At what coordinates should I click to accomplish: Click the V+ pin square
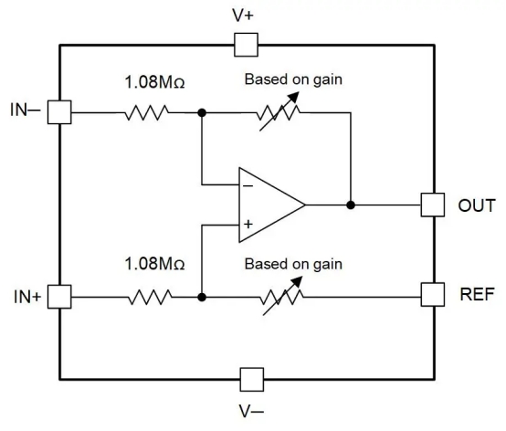pyautogui.click(x=246, y=45)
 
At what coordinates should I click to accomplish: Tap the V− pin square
pyautogui.click(x=252, y=379)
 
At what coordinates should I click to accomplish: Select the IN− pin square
pyautogui.click(x=59, y=112)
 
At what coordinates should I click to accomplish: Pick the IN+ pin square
pyautogui.click(x=59, y=297)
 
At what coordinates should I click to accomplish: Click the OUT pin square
pyautogui.click(x=433, y=205)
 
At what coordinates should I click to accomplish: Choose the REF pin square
pyautogui.click(x=433, y=295)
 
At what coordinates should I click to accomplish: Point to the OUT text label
pyautogui.click(x=477, y=205)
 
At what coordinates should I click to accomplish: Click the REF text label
pyautogui.click(x=477, y=294)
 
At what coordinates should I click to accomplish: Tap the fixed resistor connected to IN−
pyautogui.click(x=146, y=112)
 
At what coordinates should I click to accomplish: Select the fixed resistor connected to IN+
pyautogui.click(x=150, y=297)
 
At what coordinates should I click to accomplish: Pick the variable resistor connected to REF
pyautogui.click(x=282, y=296)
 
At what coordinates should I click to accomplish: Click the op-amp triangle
pyautogui.click(x=271, y=205)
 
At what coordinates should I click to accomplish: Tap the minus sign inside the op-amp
pyautogui.click(x=248, y=185)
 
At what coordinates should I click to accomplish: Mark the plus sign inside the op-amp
pyautogui.click(x=248, y=224)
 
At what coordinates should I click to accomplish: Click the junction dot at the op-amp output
pyautogui.click(x=351, y=205)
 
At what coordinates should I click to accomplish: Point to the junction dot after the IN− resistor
pyautogui.click(x=202, y=112)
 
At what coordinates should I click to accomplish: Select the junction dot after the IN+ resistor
pyautogui.click(x=202, y=297)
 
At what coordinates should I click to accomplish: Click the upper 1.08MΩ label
pyautogui.click(x=154, y=82)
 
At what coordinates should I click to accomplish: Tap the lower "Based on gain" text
pyautogui.click(x=293, y=265)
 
